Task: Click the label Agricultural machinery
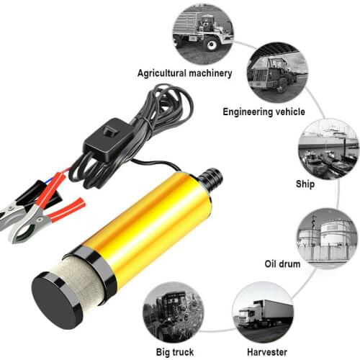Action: [185, 73]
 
